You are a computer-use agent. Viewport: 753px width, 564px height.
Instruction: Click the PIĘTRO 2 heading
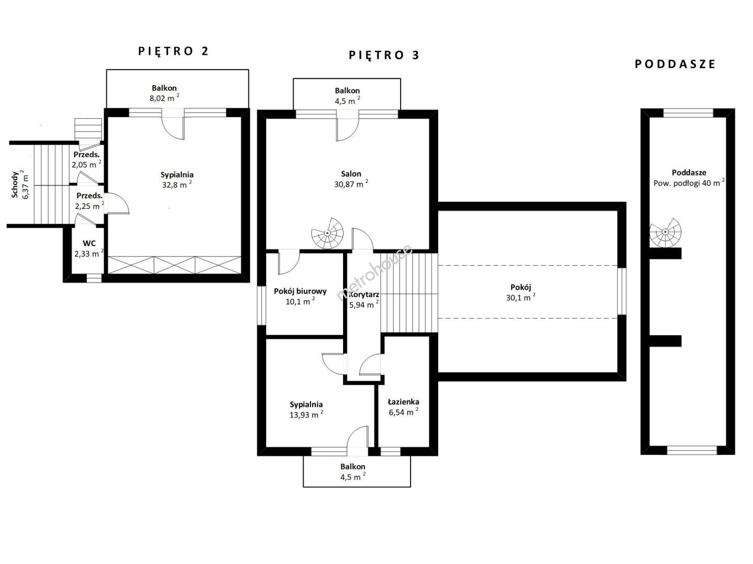(173, 51)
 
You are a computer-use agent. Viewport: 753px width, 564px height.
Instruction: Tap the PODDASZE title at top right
(675, 64)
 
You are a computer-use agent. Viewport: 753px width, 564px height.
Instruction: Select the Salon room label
(351, 174)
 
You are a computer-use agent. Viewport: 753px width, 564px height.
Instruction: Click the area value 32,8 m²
(177, 185)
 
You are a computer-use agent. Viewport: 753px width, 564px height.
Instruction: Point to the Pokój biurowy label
(300, 291)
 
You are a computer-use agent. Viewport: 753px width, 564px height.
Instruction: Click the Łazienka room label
(403, 402)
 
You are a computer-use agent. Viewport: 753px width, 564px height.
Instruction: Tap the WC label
(89, 243)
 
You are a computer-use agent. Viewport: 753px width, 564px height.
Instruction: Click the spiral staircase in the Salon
(327, 233)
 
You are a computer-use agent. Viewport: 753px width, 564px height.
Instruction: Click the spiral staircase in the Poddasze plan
(665, 232)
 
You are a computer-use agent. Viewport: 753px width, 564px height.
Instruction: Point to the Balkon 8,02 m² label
(164, 93)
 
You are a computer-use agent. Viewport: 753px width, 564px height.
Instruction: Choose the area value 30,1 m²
(521, 298)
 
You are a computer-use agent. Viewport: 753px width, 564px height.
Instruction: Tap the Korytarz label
(364, 295)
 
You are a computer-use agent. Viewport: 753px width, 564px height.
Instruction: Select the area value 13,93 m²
(306, 415)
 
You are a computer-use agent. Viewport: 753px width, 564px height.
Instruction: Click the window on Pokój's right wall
(622, 291)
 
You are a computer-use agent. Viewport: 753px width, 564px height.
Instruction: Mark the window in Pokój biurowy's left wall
(261, 305)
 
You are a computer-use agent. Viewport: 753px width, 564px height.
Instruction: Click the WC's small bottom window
(94, 278)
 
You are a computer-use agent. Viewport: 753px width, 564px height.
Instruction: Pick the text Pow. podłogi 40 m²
(689, 183)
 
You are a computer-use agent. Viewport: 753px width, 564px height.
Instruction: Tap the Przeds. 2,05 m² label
(86, 160)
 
